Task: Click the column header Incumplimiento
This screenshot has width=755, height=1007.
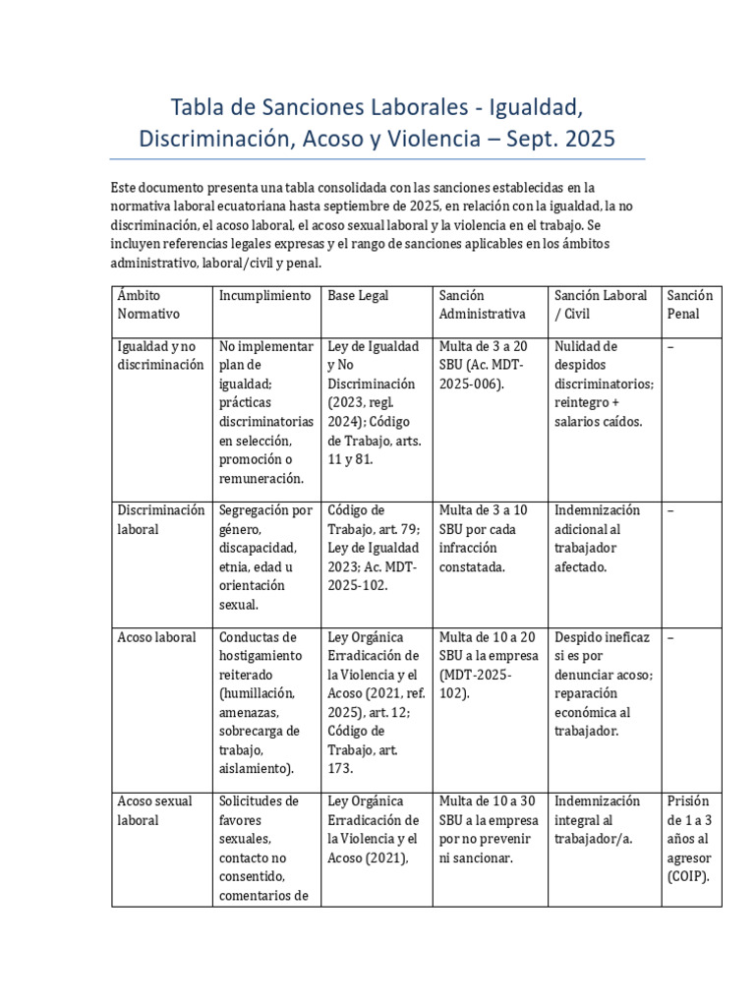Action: pos(264,295)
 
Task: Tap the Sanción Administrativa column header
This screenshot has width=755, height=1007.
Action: pos(482,304)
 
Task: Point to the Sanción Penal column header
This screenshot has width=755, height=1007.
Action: pos(689,304)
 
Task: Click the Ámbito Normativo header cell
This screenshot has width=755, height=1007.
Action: pos(146,304)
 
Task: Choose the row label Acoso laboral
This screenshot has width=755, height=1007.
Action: pos(156,637)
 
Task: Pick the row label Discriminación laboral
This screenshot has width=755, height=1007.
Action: pos(161,519)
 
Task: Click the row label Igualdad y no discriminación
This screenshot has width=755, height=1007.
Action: pos(161,356)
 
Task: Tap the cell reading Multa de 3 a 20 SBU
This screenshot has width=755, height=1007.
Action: pos(484,365)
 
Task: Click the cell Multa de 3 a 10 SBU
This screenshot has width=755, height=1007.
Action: pos(484,538)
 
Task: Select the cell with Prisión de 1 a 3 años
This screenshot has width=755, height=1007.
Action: pos(689,839)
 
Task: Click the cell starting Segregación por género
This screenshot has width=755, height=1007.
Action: pos(265,557)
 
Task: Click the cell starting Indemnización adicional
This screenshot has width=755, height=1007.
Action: pos(597,538)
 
